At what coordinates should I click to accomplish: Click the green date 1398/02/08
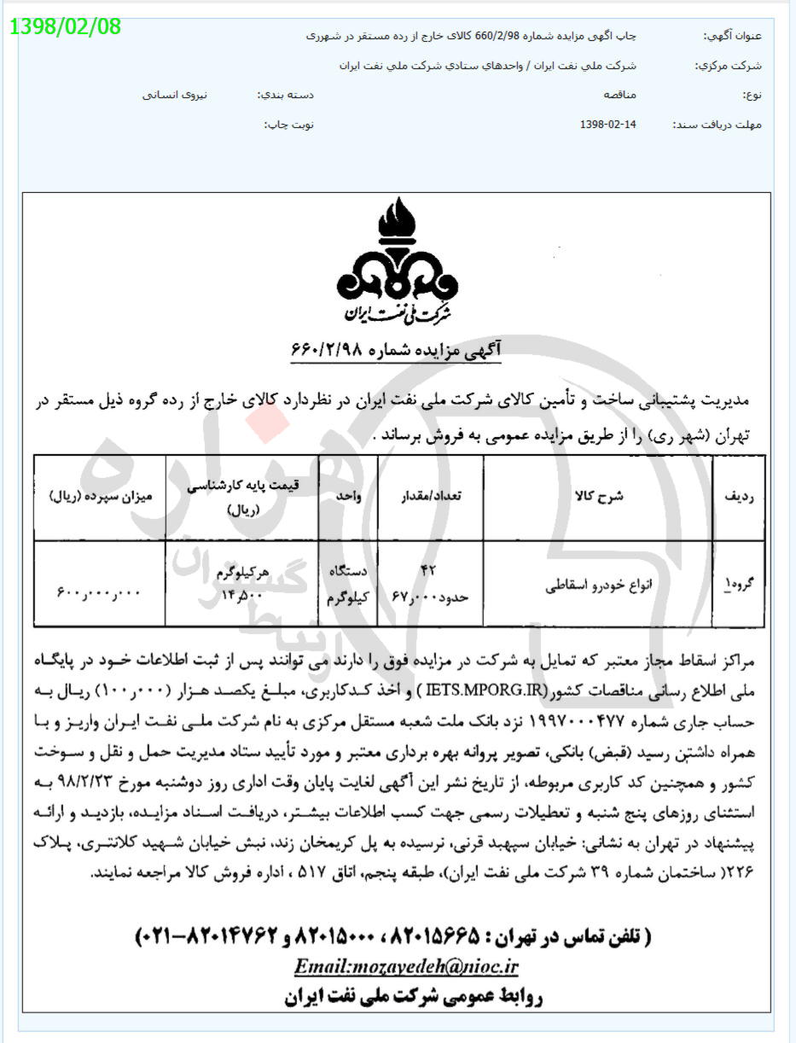pyautogui.click(x=66, y=26)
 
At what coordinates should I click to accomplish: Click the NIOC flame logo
pyautogui.click(x=397, y=259)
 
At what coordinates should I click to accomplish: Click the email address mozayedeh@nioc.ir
pyautogui.click(x=406, y=966)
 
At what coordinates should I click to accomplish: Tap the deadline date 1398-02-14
pyautogui.click(x=607, y=125)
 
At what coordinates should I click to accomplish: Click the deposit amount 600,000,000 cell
pyautogui.click(x=100, y=588)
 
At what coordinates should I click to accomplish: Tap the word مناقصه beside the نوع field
pyautogui.click(x=619, y=95)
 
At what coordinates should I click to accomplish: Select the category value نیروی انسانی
pyautogui.click(x=175, y=95)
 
